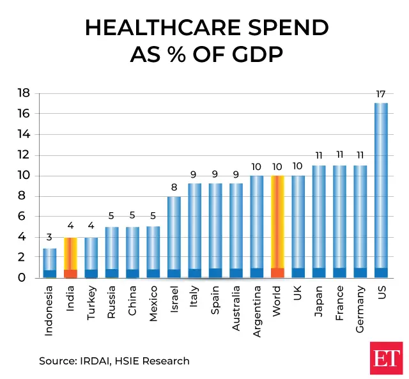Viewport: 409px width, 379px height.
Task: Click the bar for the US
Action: [381, 190]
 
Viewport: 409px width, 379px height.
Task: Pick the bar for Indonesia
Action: [49, 263]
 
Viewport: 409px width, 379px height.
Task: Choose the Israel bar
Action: [174, 236]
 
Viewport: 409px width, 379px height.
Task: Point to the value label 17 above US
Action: [381, 95]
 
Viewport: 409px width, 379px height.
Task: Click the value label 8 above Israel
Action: [174, 188]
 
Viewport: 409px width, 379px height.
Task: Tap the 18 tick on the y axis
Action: [23, 93]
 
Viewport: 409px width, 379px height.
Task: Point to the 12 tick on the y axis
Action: [23, 155]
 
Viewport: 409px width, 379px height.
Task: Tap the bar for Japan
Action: [319, 221]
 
